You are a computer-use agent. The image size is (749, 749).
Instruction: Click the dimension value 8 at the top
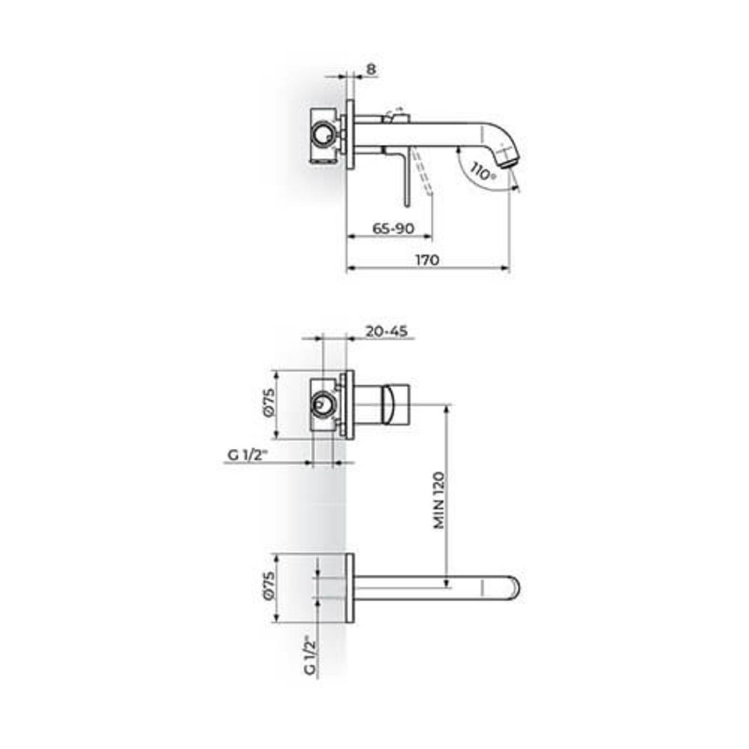point(371,69)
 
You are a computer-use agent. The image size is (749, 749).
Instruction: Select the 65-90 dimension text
point(393,228)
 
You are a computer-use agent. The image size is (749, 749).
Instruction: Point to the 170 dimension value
point(428,260)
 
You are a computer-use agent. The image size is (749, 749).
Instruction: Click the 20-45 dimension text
point(386,331)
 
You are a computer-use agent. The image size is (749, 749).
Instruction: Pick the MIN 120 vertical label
point(439,500)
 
